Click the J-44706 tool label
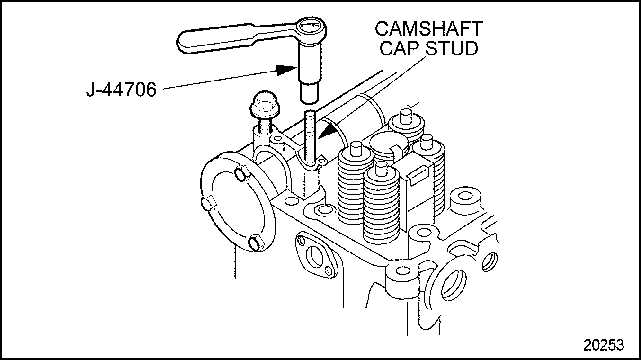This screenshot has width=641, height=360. click(x=121, y=89)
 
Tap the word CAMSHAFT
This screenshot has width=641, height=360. click(x=428, y=28)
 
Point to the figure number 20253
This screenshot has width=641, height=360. click(x=604, y=344)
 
